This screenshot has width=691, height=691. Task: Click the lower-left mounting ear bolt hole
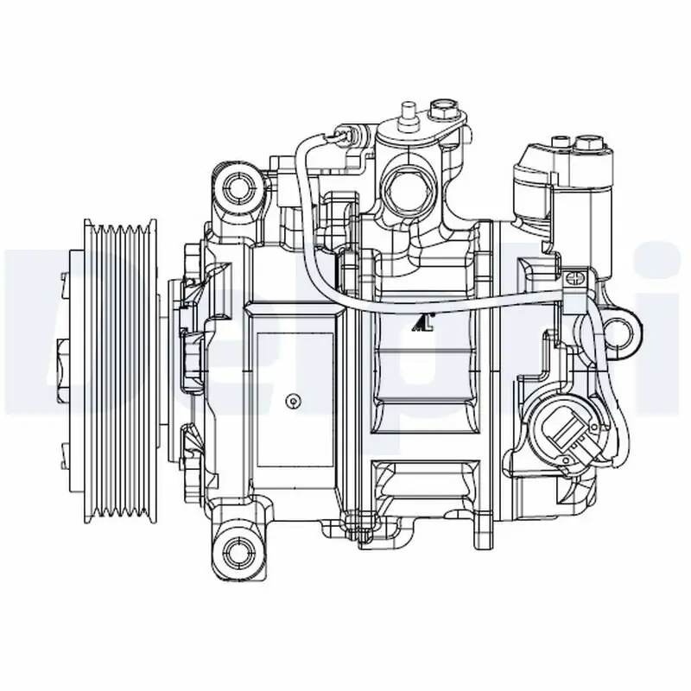[x=233, y=544]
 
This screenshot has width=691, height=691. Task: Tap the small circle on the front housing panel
[x=293, y=400]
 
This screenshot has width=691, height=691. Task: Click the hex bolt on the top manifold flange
[x=443, y=111]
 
